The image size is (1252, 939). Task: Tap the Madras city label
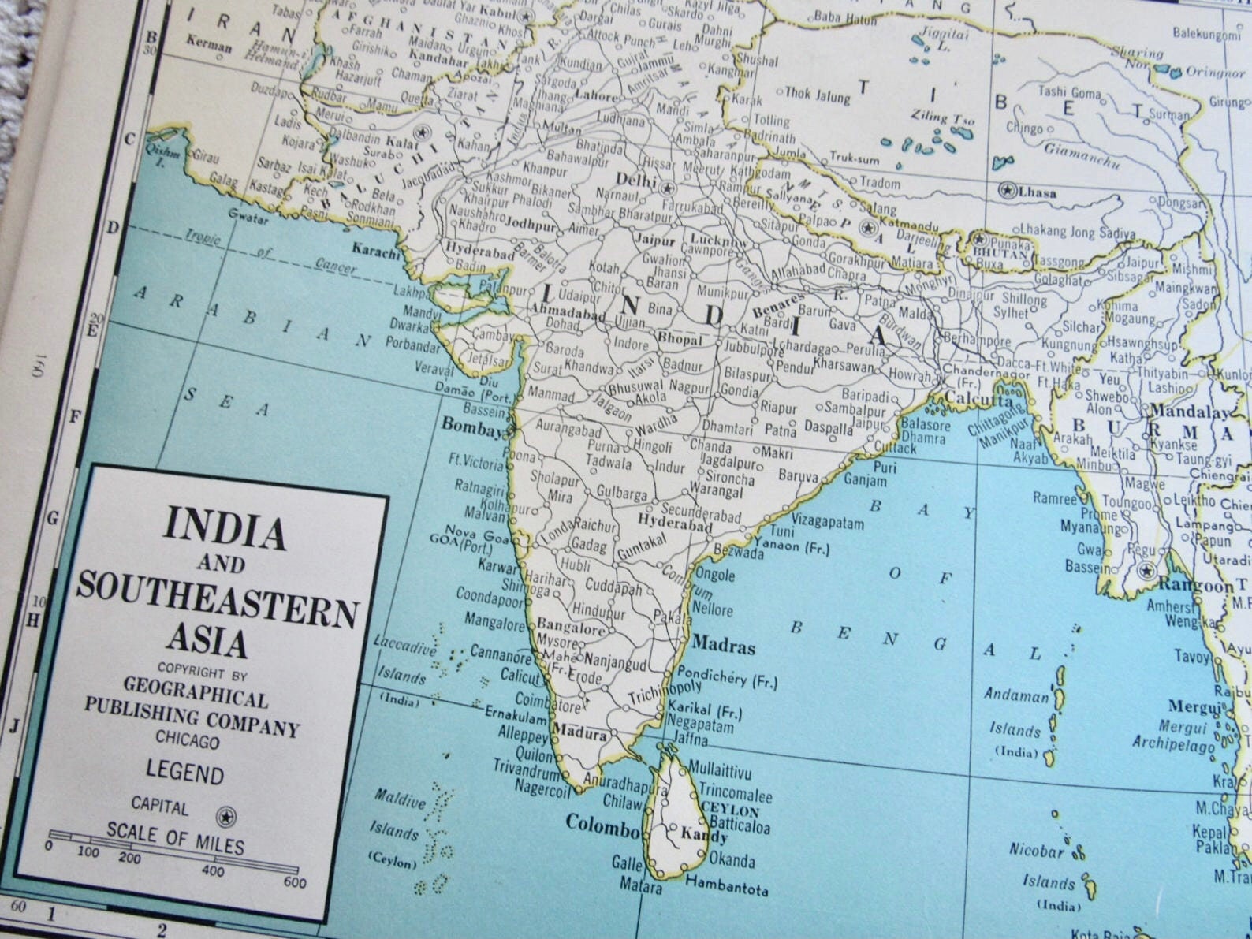(x=723, y=646)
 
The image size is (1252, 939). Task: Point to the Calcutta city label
(x=978, y=400)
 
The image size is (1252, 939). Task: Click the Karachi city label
(x=375, y=250)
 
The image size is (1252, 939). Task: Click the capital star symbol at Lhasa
(x=1007, y=189)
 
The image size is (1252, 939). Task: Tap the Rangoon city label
(x=1195, y=586)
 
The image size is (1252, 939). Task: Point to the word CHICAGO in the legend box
(x=188, y=740)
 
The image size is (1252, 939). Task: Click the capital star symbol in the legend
(x=226, y=816)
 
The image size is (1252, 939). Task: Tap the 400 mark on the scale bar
(x=212, y=870)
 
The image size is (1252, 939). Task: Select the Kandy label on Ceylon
(x=703, y=834)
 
